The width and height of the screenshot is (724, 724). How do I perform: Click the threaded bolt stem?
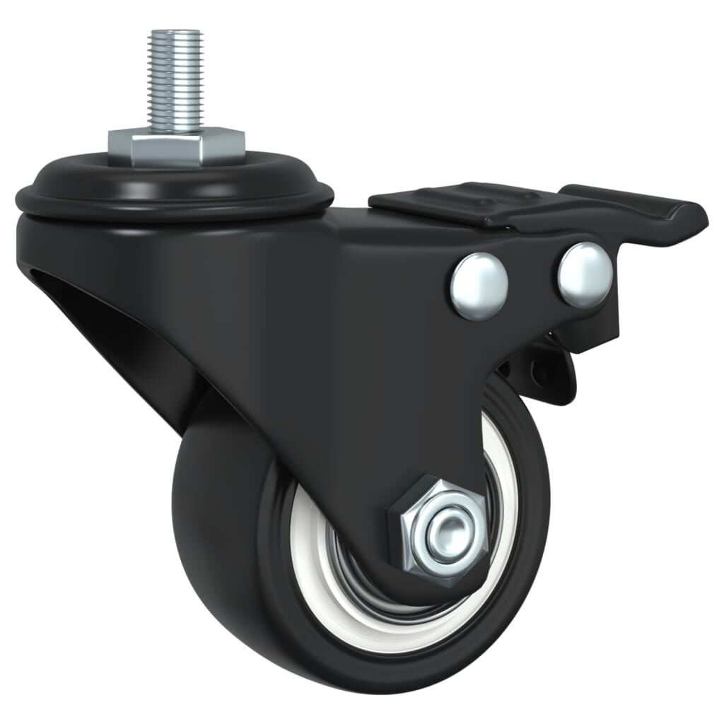point(174,78)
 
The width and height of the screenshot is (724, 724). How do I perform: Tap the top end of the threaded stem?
point(174,33)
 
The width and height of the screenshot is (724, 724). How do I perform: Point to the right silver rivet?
point(583,275)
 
